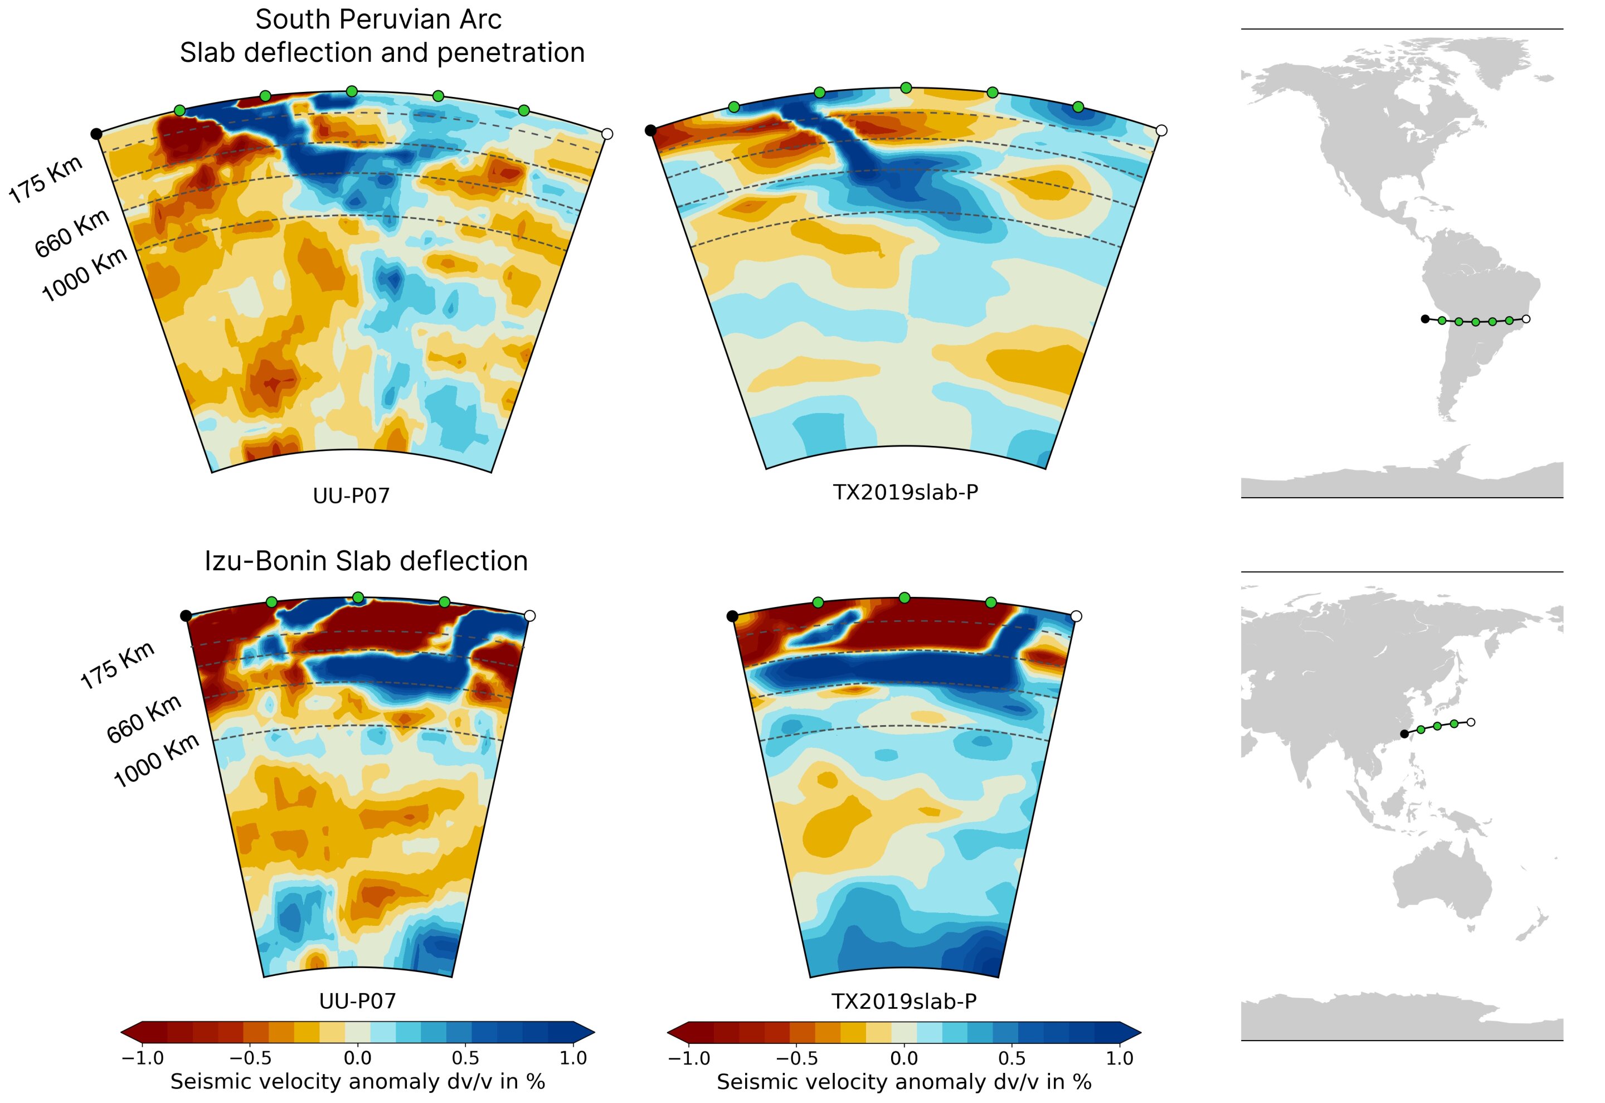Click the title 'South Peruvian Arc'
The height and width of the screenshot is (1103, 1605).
(x=378, y=20)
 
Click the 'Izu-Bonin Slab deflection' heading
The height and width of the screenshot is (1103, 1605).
(x=366, y=561)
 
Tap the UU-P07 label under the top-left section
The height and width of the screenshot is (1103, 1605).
(x=351, y=495)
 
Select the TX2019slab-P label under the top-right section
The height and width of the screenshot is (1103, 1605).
(x=905, y=492)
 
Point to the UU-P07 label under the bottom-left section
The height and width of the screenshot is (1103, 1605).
(x=357, y=1000)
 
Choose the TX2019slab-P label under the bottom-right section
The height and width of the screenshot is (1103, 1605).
(x=904, y=1000)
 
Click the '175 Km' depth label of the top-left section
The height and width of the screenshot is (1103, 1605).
(x=46, y=179)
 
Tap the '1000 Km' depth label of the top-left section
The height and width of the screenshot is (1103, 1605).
(x=84, y=274)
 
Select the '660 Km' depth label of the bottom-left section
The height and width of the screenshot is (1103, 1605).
(x=144, y=719)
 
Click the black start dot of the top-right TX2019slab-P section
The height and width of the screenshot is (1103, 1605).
(x=650, y=130)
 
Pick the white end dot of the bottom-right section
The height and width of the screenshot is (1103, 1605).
(x=1076, y=616)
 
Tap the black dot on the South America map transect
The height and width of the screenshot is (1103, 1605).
(x=1424, y=319)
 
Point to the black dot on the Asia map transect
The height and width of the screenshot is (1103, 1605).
(x=1404, y=734)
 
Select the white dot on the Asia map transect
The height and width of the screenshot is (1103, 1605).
(x=1471, y=722)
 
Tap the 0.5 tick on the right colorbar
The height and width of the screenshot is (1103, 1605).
(x=1011, y=1058)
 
